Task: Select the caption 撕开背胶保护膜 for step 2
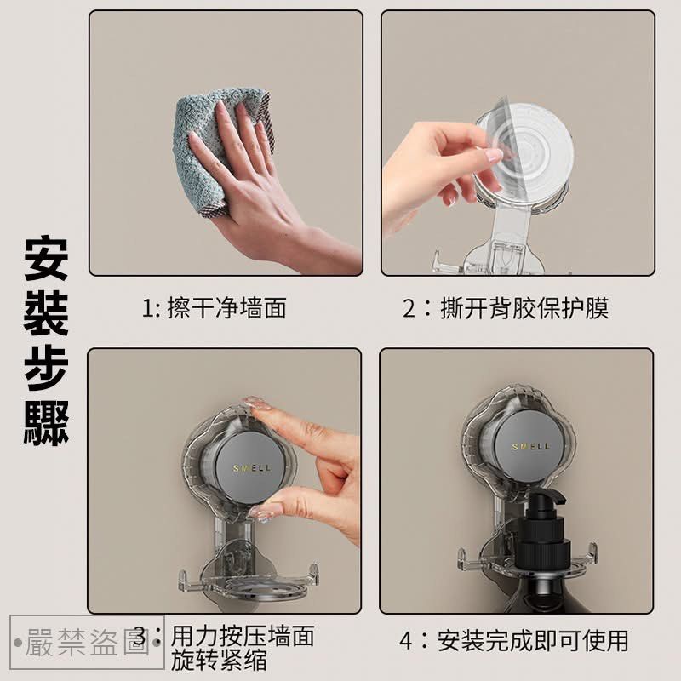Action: tap(524, 307)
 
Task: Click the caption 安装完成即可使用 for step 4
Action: tap(534, 639)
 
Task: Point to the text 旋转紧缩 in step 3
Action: tap(219, 659)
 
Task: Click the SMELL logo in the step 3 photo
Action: tap(249, 468)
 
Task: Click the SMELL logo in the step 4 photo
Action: tap(530, 446)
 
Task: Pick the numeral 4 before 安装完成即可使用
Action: tap(407, 640)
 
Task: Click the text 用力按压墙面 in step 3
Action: tap(243, 635)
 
